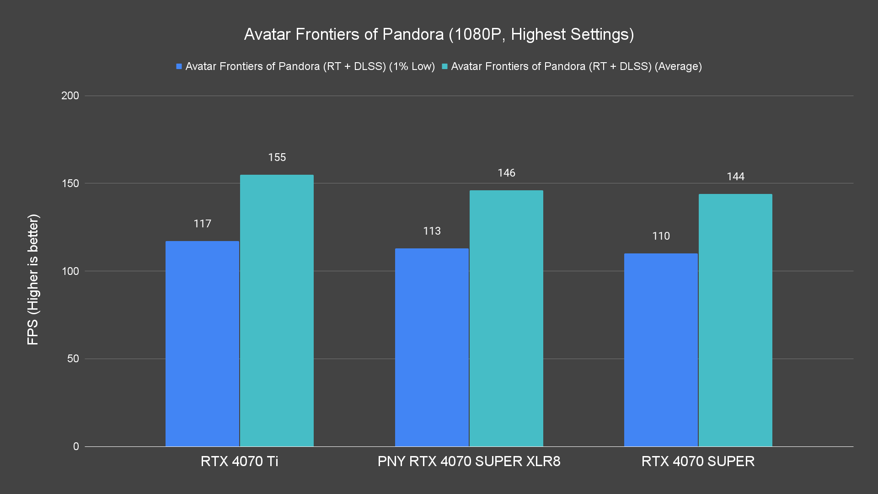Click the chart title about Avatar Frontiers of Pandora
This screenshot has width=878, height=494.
coord(439,34)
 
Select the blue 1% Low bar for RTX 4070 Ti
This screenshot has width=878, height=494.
coord(202,344)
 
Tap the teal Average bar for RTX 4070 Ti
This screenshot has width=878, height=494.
coord(277,311)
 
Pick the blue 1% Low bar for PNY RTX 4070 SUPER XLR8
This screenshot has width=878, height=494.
coord(432,347)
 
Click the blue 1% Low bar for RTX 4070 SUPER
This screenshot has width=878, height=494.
coord(661,350)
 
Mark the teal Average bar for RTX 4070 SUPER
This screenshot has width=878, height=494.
coord(735,320)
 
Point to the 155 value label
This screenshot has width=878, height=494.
coord(277,157)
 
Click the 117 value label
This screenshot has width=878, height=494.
coord(202,224)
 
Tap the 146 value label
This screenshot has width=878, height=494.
coord(506,173)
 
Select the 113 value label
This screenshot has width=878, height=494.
coord(432,231)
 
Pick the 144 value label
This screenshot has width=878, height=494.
coord(735,177)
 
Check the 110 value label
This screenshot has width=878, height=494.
coord(661,236)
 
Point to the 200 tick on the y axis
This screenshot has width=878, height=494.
coord(70,96)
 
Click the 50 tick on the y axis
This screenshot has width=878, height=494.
coord(73,359)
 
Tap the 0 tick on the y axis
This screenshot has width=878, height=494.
coord(76,446)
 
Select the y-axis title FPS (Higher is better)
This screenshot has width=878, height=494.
coord(33,279)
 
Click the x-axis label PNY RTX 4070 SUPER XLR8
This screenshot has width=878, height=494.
coord(469,461)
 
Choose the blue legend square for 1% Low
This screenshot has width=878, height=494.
coord(179,66)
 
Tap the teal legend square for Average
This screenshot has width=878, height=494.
coord(444,66)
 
